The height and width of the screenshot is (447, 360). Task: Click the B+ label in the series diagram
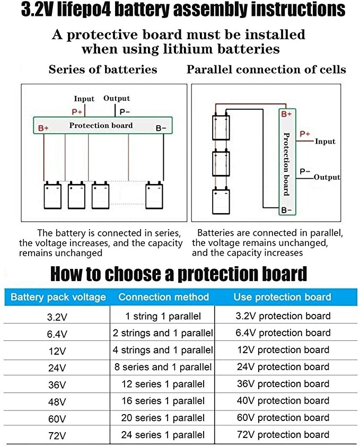click(43, 128)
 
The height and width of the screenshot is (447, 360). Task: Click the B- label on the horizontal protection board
click(161, 128)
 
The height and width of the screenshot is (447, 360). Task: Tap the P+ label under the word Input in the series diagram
click(77, 112)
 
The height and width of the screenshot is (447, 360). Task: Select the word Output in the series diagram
click(117, 98)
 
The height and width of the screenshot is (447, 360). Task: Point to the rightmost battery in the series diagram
click(154, 195)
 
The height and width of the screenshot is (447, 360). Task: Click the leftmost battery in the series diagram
click(52, 195)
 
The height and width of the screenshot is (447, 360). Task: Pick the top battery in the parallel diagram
click(221, 126)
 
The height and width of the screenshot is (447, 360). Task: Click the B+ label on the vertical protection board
click(286, 115)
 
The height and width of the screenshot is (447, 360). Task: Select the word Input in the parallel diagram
click(325, 142)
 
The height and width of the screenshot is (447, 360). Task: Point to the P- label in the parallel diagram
click(305, 171)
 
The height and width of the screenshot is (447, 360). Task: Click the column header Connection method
click(164, 297)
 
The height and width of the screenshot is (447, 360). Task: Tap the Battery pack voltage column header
click(58, 297)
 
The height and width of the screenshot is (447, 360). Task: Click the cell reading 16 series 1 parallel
click(163, 401)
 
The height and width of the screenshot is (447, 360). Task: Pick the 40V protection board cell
click(283, 400)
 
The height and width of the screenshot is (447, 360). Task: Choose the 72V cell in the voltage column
click(57, 435)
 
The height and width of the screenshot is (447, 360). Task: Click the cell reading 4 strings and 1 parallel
click(163, 350)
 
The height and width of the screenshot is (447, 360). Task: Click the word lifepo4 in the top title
click(84, 10)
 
